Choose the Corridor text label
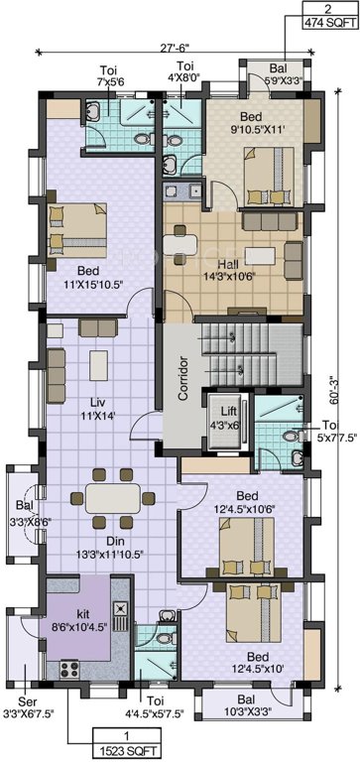click(x=182, y=377)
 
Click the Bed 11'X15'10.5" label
click(x=97, y=276)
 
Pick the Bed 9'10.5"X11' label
click(x=253, y=122)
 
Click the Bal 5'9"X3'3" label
click(x=261, y=75)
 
